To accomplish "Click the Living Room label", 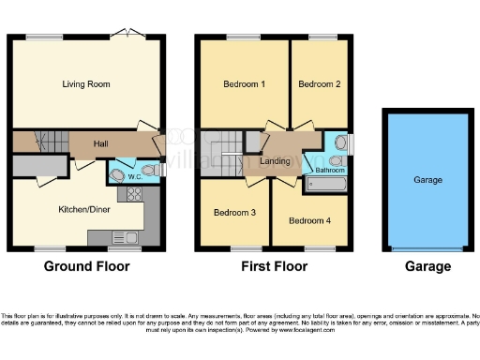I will coord(86,84).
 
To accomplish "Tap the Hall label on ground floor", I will coord(103,144).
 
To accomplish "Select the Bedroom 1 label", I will coord(244,84).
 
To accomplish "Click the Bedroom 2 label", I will coord(318,84).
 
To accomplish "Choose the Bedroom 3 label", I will coord(234,213).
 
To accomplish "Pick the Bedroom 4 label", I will coord(308,221).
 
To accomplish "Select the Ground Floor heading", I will coord(87,266).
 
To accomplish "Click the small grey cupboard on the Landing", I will coord(253,141).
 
